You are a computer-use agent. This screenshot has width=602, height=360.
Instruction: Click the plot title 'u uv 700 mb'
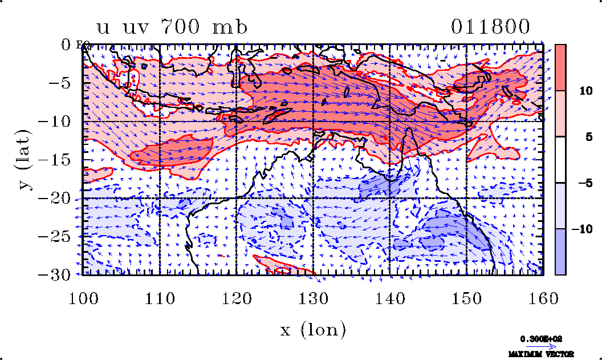(x=172, y=27)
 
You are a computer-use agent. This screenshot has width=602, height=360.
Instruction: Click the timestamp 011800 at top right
(x=490, y=27)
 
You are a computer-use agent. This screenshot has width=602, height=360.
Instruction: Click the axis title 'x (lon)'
(x=313, y=329)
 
